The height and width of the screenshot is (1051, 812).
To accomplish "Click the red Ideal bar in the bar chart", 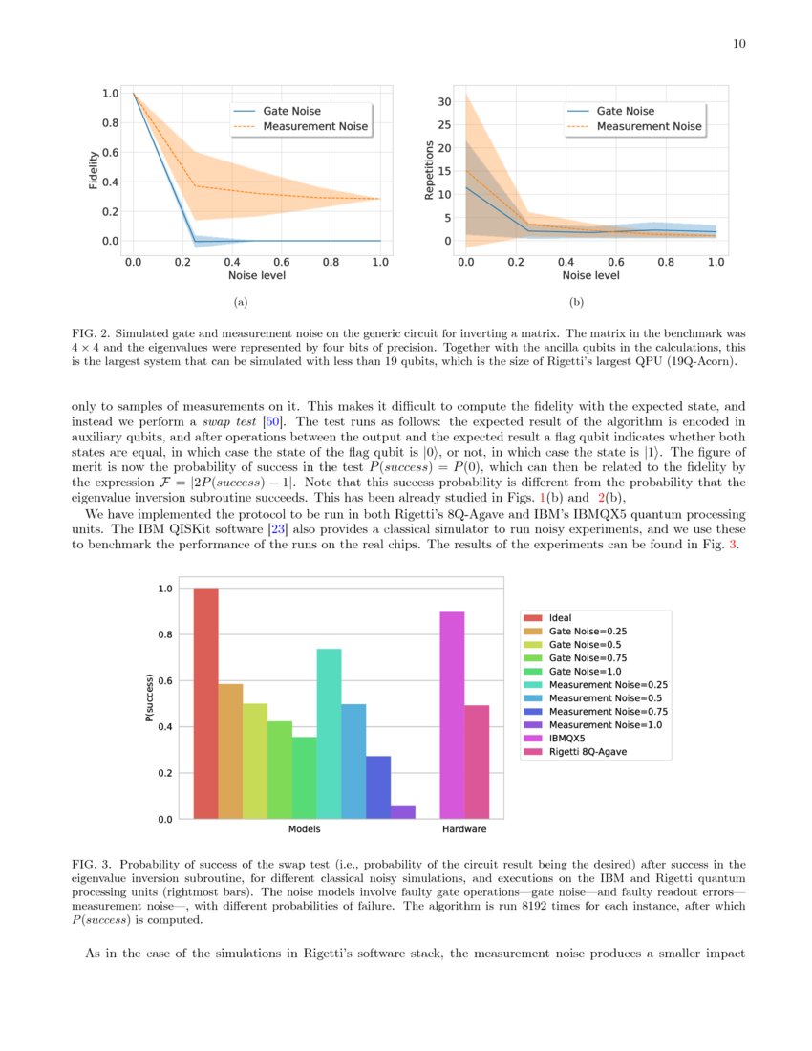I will coord(205,702).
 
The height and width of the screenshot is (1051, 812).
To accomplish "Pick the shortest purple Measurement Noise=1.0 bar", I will coord(403,812).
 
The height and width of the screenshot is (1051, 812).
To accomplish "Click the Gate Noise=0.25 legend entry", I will coord(581,632).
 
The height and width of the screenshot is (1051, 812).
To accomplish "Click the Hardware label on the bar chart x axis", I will coord(464,829).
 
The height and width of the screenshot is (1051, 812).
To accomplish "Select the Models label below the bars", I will coord(304,829).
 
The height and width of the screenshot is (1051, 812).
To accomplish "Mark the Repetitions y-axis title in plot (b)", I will coord(429,170).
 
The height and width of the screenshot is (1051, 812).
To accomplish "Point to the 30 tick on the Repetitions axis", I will coord(444,101).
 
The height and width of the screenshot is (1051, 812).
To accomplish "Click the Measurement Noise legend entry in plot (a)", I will coord(314,126).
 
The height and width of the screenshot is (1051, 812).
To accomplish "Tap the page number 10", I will coord(738,44).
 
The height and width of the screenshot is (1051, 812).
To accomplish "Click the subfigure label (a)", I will coord(240,303).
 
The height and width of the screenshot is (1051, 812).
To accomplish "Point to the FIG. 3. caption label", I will coord(94,863).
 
